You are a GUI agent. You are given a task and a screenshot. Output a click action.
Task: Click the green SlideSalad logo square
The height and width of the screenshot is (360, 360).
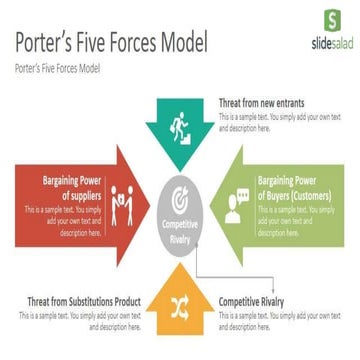pos(329,20)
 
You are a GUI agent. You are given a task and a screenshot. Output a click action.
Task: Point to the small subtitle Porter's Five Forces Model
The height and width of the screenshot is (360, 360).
pos(57,70)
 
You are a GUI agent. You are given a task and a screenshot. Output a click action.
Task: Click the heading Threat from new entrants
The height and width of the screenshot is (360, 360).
pos(262,102)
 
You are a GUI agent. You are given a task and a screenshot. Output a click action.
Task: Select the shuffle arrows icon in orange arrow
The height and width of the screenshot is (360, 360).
pos(181,302)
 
